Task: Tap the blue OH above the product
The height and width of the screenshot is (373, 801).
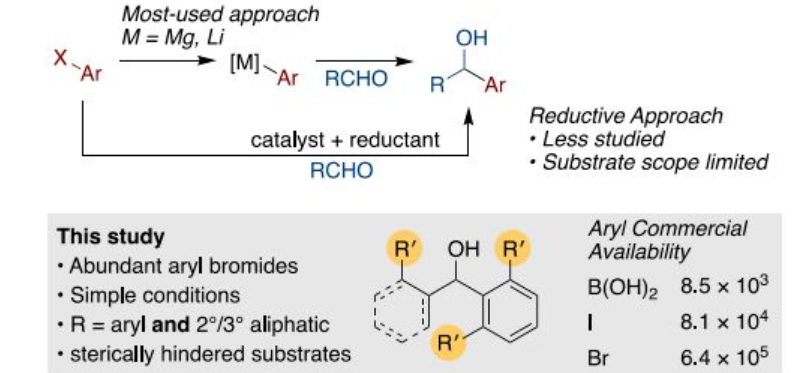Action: click(x=471, y=38)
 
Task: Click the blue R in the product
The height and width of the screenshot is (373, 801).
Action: click(x=437, y=85)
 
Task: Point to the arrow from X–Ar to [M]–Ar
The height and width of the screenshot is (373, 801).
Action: click(x=167, y=61)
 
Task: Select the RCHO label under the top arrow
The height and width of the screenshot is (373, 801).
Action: click(x=356, y=79)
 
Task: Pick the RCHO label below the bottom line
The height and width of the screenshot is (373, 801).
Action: click(x=342, y=171)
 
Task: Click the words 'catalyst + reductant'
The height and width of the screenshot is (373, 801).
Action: click(x=345, y=140)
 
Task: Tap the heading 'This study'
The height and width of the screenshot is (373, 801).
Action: click(x=111, y=237)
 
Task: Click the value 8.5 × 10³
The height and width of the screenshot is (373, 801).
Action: click(x=724, y=286)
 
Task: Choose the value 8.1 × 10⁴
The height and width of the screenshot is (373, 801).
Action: click(x=724, y=322)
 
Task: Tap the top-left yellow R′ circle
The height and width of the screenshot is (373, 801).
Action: click(x=403, y=249)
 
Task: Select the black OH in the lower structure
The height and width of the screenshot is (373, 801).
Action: click(x=463, y=249)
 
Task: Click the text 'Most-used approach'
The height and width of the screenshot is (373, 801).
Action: click(x=221, y=14)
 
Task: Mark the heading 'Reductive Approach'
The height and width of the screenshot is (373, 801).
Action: click(x=626, y=116)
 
